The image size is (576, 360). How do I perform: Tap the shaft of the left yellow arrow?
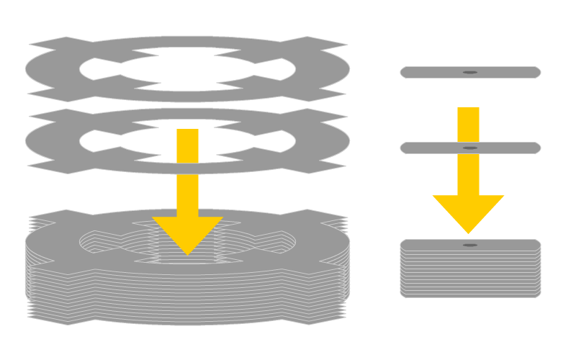pos(187,173)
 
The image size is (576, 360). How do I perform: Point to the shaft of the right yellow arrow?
pos(468,151)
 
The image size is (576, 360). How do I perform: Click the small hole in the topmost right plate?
pos(470,72)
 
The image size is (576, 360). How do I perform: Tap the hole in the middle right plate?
pos(470,148)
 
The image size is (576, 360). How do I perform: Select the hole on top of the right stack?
pos(470,245)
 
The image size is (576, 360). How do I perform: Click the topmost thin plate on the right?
pos(432,72)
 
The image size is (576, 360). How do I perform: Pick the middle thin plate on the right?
pos(432,148)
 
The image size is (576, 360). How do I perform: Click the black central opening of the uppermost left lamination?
pos(187,68)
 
